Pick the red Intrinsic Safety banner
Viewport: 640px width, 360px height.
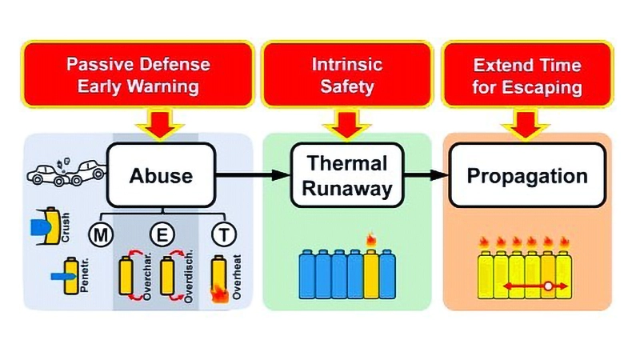click(347, 75)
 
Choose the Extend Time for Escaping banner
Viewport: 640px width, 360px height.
click(527, 75)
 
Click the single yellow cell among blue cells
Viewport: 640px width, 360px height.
click(372, 272)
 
